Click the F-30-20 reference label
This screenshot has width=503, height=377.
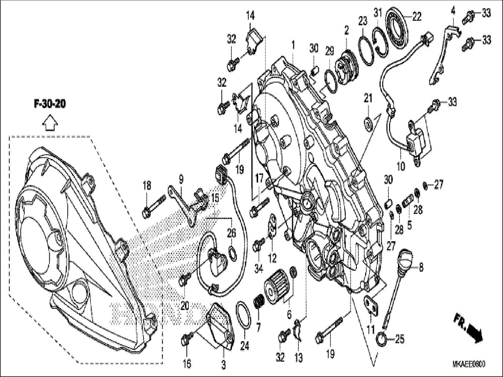coord(50,104)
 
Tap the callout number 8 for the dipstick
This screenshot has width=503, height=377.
coord(421,268)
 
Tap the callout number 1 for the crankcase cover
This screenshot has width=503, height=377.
coord(293,45)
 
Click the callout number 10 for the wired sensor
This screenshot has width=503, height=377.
coord(400,167)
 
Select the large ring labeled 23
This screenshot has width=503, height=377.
coord(366,49)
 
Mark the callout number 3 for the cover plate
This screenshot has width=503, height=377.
coord(223,365)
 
